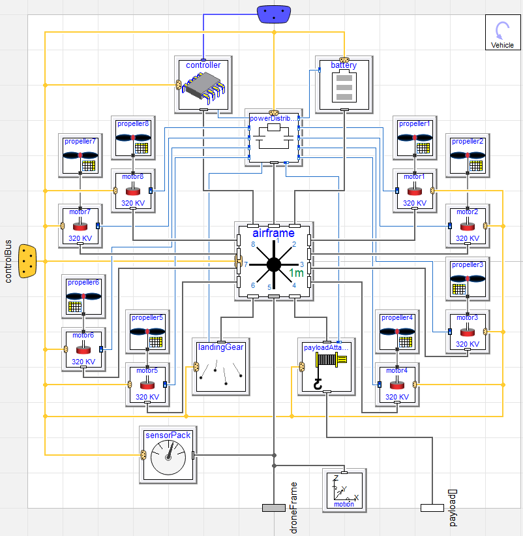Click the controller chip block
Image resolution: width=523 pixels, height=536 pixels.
tap(203, 85)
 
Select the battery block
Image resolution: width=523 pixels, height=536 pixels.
tap(344, 85)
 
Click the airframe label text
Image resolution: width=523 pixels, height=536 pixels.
tap(273, 233)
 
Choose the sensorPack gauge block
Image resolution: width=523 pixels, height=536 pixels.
tap(168, 454)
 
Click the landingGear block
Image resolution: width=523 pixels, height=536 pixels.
tap(221, 367)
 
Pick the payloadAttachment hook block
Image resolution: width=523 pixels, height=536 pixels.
tap(326, 367)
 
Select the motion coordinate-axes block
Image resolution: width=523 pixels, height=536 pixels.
tap(344, 490)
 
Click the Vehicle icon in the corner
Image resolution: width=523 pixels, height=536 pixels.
tap(503, 33)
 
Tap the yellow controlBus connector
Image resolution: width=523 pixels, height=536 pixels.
tap(27, 261)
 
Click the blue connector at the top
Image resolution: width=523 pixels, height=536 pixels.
tap(274, 14)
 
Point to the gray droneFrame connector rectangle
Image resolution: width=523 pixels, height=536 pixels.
tap(274, 508)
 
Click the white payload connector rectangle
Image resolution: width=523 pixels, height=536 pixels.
tap(432, 508)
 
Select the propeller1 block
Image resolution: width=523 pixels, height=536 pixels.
tap(415, 138)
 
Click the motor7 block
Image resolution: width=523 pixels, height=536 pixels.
tap(80, 226)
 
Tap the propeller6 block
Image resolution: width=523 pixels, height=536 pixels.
tap(83, 296)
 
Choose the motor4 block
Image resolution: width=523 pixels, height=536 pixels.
tap(397, 385)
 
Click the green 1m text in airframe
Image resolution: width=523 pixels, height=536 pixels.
tap(296, 273)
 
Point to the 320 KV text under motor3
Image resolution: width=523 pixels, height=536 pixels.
tap(468, 344)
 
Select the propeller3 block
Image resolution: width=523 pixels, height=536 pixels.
tap(468, 279)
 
